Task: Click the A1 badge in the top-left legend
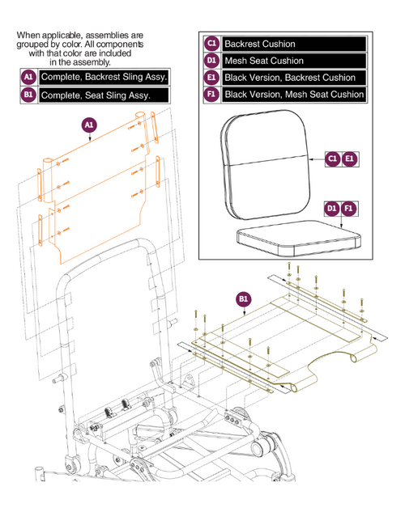coord(28,77)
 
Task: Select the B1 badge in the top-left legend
coord(28,94)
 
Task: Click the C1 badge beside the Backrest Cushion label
coord(212,44)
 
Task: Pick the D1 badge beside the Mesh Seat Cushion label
coord(212,61)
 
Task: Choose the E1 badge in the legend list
coord(212,78)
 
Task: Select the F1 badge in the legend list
coord(212,95)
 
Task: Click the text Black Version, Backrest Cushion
coord(289,78)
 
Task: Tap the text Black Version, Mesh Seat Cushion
coord(294,95)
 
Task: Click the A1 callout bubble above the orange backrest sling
coord(89,125)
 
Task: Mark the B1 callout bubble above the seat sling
coord(242,300)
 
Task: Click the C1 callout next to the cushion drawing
coord(332,160)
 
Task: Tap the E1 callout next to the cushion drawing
coord(350,160)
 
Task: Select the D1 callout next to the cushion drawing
coord(332,208)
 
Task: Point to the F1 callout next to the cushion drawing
coord(350,208)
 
